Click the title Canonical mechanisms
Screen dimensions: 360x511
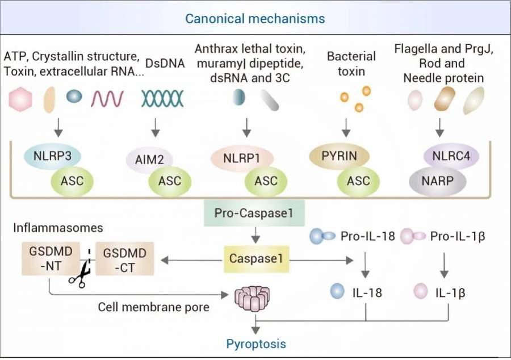(x=255, y=18)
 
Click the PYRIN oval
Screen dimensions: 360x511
(x=339, y=156)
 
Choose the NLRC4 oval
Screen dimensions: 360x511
(x=451, y=156)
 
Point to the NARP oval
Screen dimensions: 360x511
(x=437, y=181)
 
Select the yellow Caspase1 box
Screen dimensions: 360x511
(x=256, y=259)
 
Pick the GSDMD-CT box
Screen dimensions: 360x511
(x=123, y=259)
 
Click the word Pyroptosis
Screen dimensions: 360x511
(x=256, y=344)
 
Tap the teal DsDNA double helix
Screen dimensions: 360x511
(x=162, y=99)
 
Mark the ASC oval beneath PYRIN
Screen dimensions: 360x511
(x=355, y=181)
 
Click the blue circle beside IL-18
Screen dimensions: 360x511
(x=337, y=291)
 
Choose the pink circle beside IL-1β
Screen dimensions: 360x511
(x=421, y=291)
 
